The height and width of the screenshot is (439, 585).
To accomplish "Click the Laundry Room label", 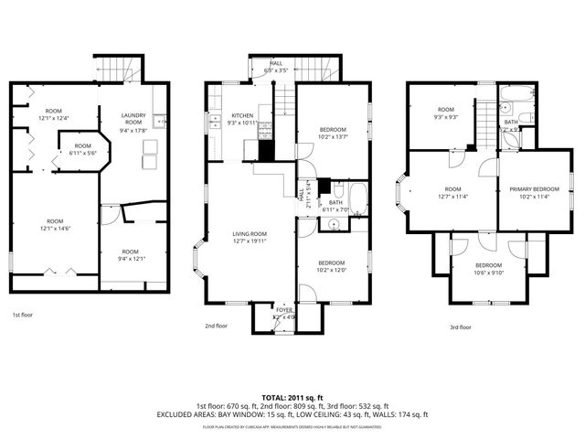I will tap(133, 120).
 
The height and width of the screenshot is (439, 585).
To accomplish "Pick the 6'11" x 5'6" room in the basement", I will tap(83, 149).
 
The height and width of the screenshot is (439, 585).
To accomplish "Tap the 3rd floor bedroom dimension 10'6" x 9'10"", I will tap(488, 272).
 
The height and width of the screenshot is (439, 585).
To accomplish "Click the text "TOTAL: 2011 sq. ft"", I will tap(292, 398).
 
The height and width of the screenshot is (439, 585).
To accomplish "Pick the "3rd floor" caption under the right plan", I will tap(460, 327).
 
